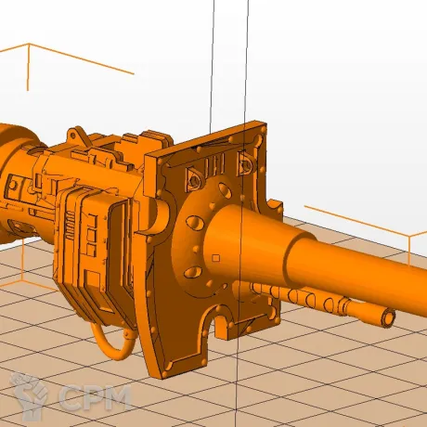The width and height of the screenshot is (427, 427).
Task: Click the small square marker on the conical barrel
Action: pos(216,258)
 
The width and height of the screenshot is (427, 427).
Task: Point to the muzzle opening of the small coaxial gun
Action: pos(389,317)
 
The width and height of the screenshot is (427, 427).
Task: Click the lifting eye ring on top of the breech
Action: pos(73,136)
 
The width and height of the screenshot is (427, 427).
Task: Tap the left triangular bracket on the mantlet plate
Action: pos(194,179)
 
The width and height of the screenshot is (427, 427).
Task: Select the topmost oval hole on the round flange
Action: pos(225,190)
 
